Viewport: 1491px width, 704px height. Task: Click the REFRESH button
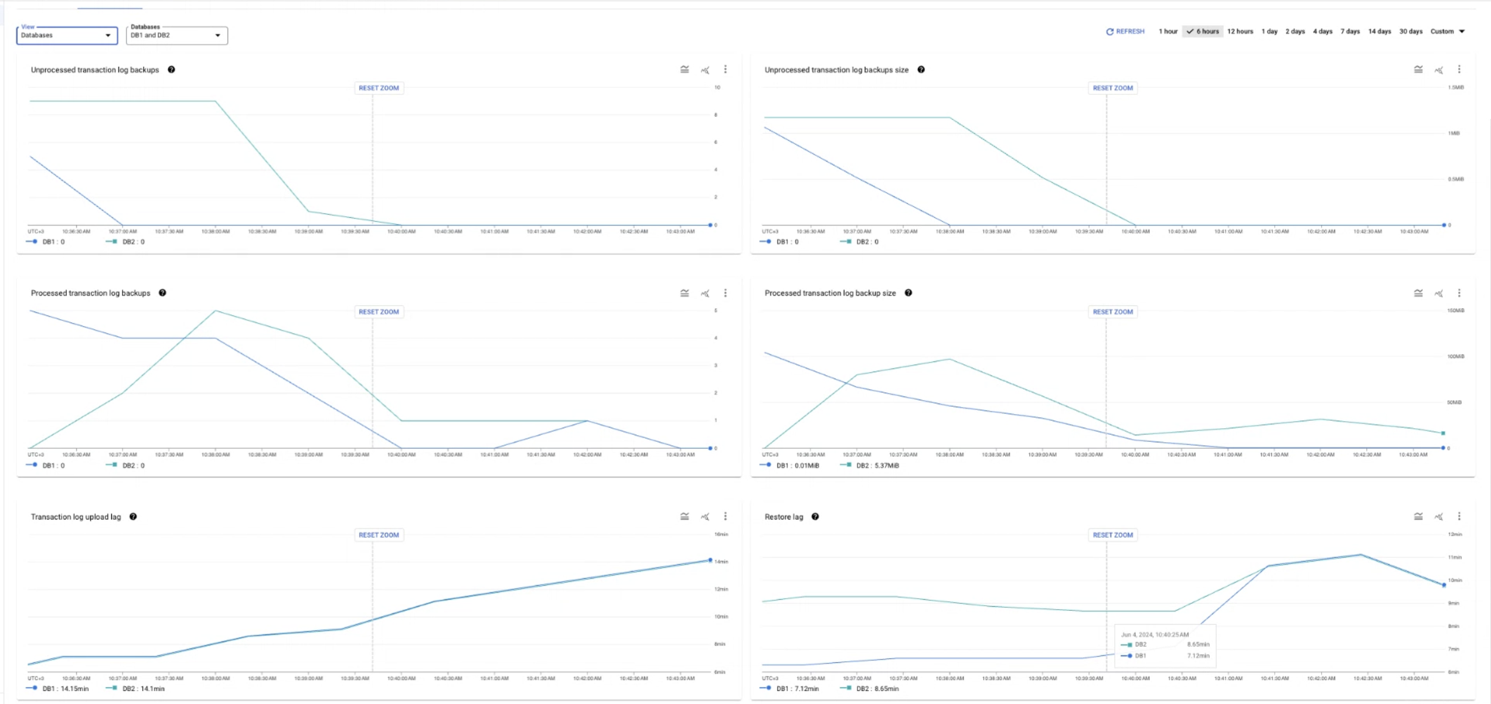coord(1125,32)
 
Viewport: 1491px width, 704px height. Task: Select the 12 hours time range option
coord(1240,32)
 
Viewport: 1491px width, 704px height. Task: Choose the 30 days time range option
coord(1410,32)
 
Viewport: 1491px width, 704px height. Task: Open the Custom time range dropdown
coord(1447,32)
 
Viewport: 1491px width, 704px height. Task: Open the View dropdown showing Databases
coord(66,35)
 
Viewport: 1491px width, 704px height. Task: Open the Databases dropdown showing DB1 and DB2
coord(176,35)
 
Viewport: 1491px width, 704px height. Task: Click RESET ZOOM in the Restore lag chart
coord(1112,535)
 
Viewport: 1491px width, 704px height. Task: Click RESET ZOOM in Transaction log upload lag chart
coord(378,535)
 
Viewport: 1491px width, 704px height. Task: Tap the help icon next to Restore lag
coord(815,517)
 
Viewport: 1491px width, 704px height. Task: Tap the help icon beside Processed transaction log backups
coord(162,293)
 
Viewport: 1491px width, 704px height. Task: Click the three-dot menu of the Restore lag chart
coord(1459,517)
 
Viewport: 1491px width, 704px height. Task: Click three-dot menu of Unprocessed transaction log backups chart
coord(725,70)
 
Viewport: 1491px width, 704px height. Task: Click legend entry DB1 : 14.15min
coord(65,689)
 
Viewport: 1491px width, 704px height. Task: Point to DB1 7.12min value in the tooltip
coord(1198,656)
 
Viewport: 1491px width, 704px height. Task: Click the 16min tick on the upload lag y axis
coord(721,534)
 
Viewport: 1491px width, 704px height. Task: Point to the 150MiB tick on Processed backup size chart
coord(1455,310)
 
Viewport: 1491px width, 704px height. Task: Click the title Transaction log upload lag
coord(76,517)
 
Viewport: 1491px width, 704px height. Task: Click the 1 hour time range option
coord(1167,32)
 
